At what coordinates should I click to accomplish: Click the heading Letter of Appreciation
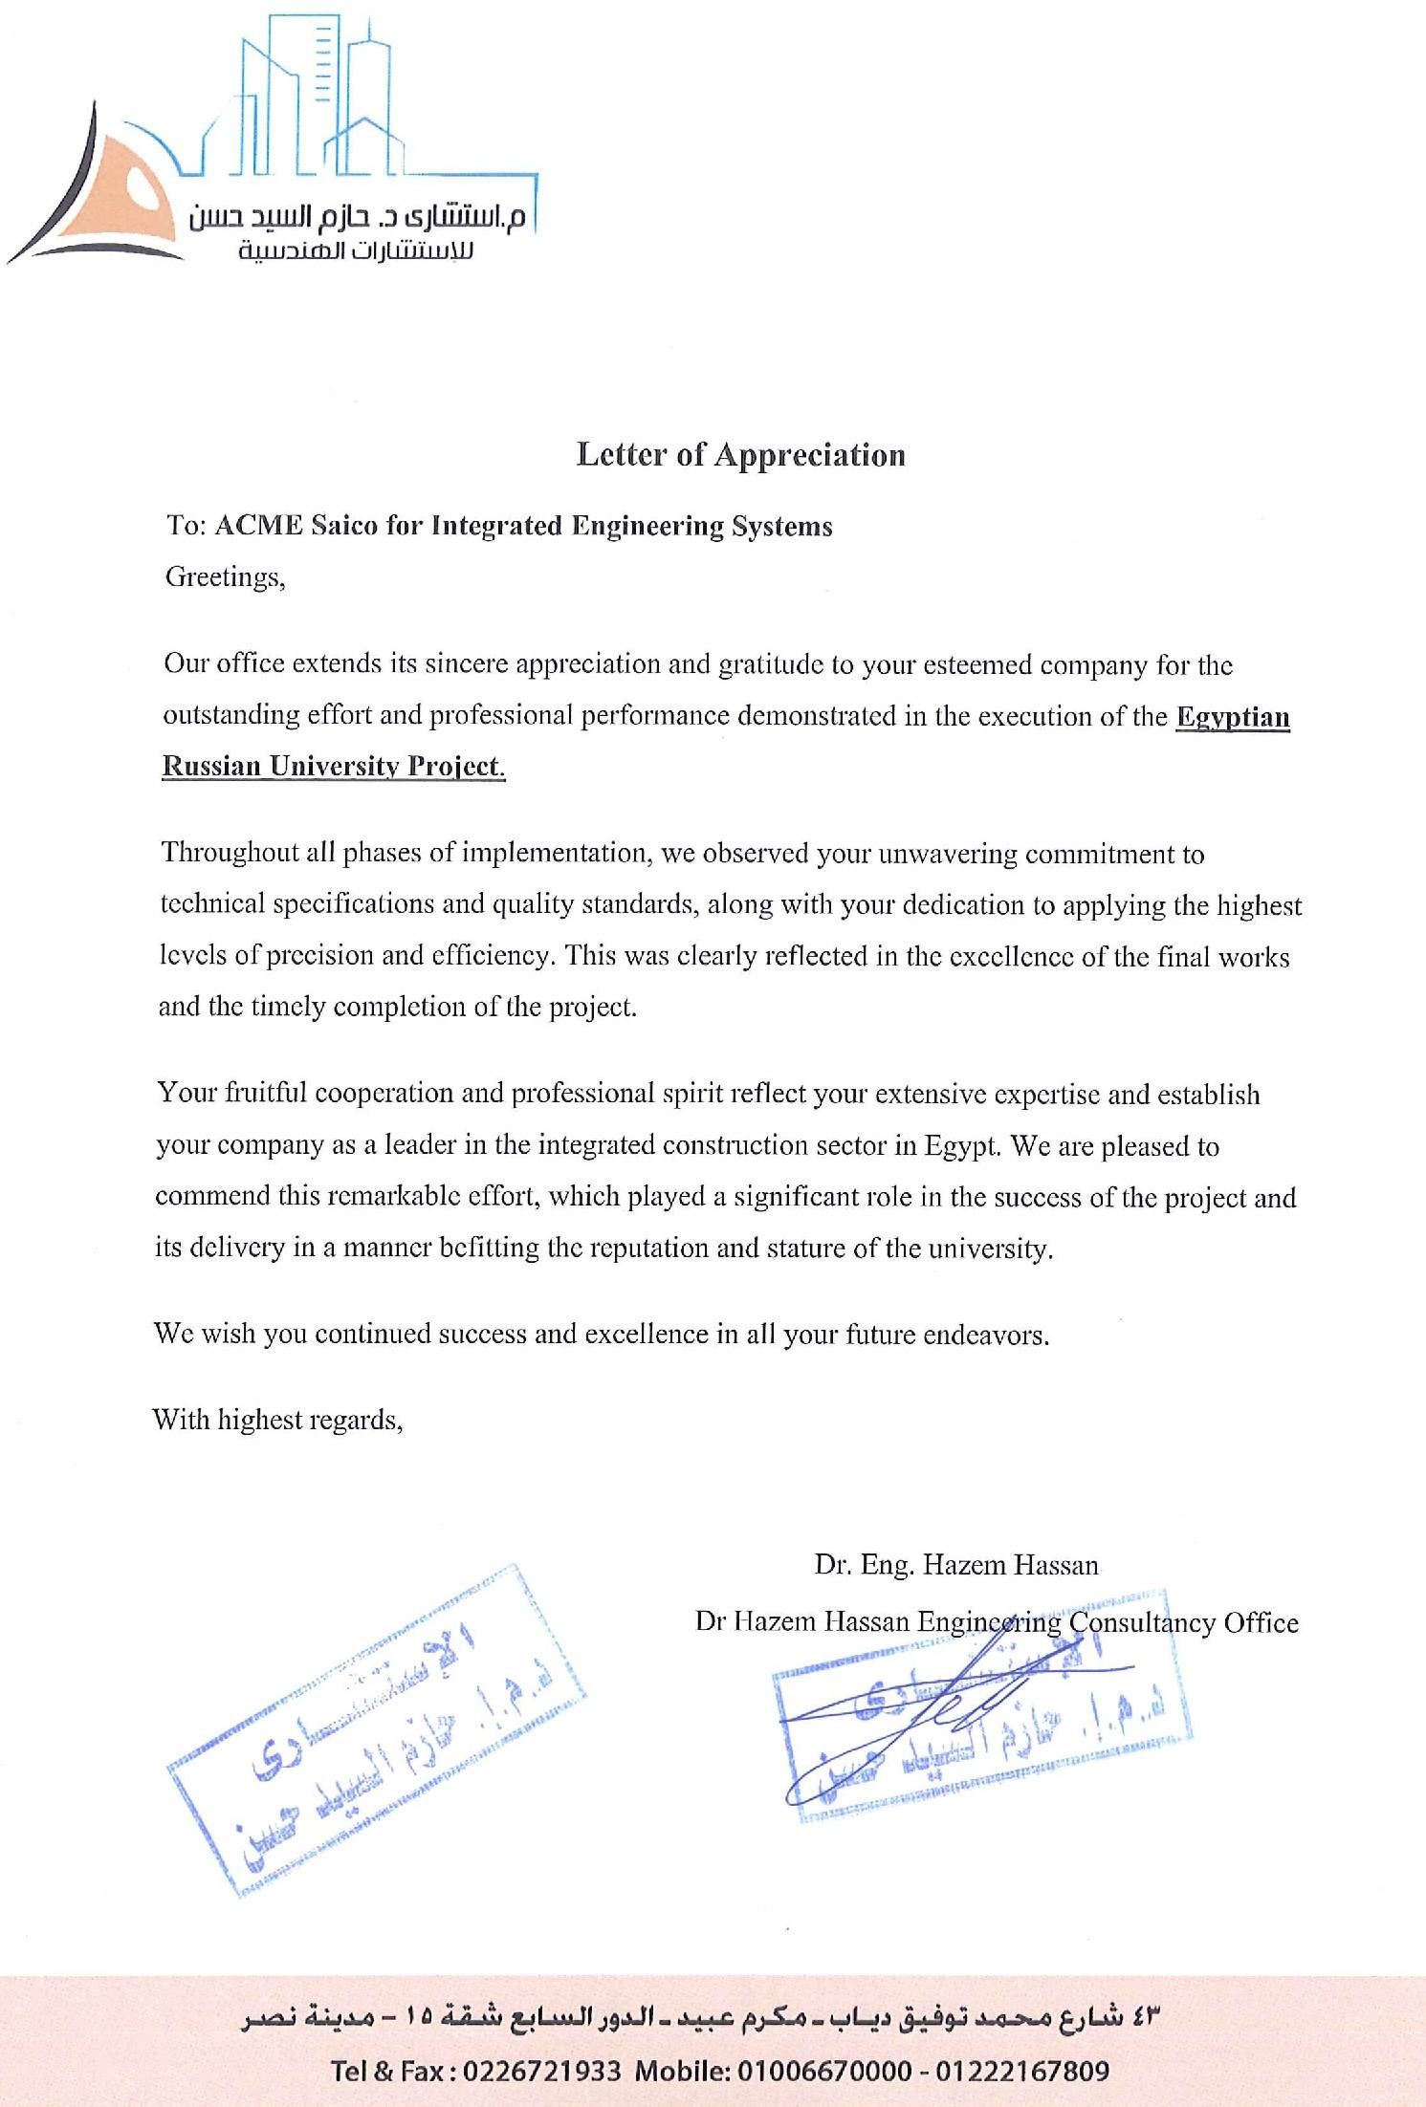pos(740,455)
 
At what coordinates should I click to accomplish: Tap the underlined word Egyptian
pos(1232,717)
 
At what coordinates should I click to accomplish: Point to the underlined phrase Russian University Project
pos(333,767)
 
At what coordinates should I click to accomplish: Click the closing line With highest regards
pos(277,1420)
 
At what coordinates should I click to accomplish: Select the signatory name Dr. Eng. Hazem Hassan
pos(956,1565)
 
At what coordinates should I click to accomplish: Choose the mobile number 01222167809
pos(1022,2072)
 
